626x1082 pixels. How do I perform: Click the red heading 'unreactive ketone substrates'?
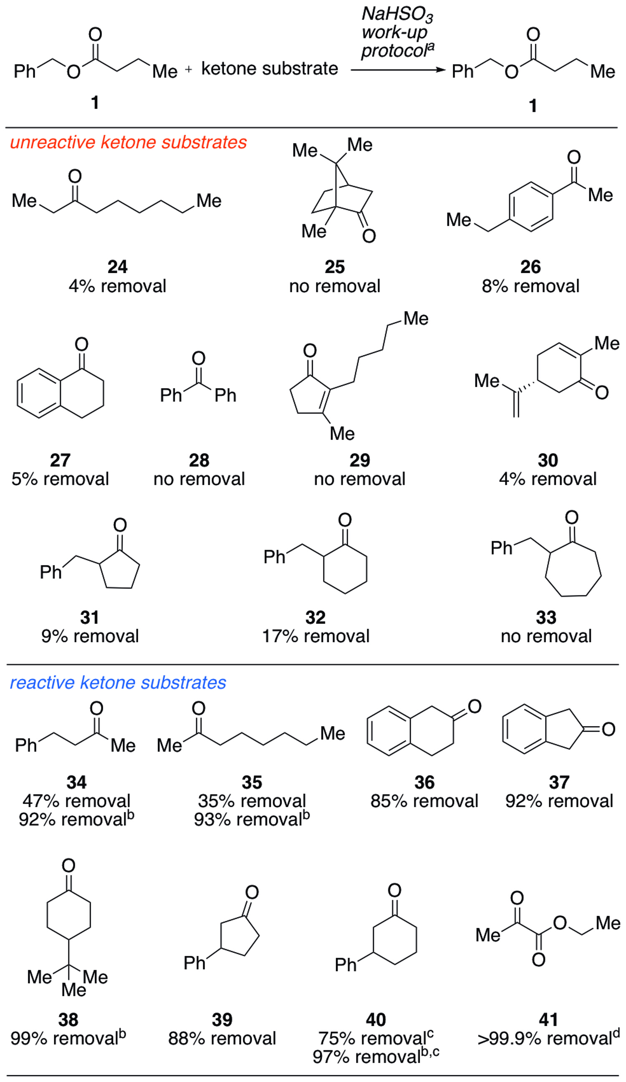pyautogui.click(x=128, y=142)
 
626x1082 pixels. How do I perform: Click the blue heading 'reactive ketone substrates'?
pyautogui.click(x=118, y=683)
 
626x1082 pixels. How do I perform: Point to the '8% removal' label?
pyautogui.click(x=530, y=286)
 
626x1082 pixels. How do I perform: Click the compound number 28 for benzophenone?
pyautogui.click(x=199, y=460)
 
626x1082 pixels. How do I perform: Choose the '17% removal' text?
pyautogui.click(x=316, y=636)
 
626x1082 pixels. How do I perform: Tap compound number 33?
pyautogui.click(x=546, y=618)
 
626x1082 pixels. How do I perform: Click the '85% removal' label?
pyautogui.click(x=424, y=801)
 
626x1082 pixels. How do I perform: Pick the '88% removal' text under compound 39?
pyautogui.click(x=222, y=1039)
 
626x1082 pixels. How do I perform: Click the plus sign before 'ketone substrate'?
pyautogui.click(x=188, y=69)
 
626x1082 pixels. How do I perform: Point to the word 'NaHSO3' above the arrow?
pyautogui.click(x=397, y=14)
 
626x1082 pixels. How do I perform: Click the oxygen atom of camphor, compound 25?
pyautogui.click(x=369, y=236)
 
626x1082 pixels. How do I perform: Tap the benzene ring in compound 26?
pyautogui.click(x=531, y=207)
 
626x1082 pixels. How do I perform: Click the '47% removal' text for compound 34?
pyautogui.click(x=76, y=801)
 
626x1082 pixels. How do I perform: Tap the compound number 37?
pyautogui.click(x=559, y=782)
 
